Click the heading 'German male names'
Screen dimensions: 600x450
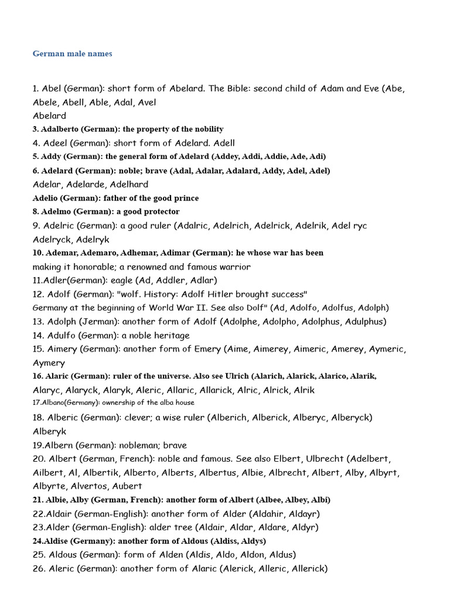pyautogui.click(x=72, y=54)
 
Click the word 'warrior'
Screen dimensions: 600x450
pyautogui.click(x=232, y=267)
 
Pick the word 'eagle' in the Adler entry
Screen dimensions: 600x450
pyautogui.click(x=124, y=280)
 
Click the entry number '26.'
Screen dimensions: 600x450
pyautogui.click(x=39, y=568)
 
